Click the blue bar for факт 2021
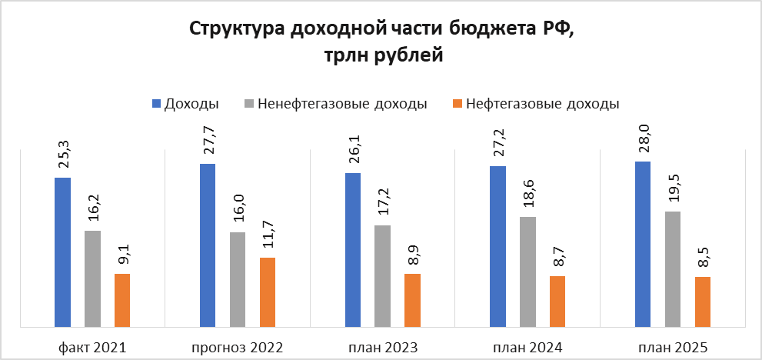(x=62, y=252)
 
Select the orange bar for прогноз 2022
(x=268, y=292)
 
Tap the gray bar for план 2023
(x=382, y=276)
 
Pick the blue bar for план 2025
(x=643, y=244)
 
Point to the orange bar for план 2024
(x=557, y=302)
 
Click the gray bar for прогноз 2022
(x=238, y=279)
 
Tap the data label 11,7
(x=268, y=234)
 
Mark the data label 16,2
(x=93, y=208)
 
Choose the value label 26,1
(x=353, y=149)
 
